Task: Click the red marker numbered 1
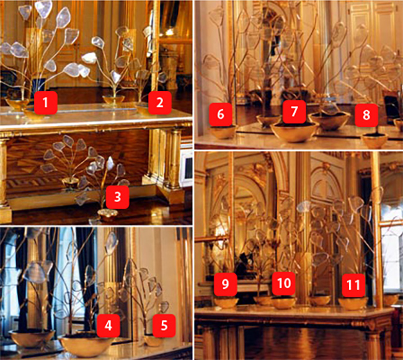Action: click(45, 102)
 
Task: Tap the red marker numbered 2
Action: click(159, 102)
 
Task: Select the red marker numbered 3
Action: click(117, 197)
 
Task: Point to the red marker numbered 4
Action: click(108, 325)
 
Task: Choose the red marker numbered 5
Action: click(164, 325)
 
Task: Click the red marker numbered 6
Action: click(221, 114)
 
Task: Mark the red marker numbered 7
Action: click(294, 111)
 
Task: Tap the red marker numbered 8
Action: click(366, 115)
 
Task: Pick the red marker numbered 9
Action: click(226, 284)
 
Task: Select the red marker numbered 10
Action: click(284, 284)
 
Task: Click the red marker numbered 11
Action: click(353, 285)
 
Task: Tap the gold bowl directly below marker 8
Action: click(375, 141)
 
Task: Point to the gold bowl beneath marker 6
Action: click(223, 132)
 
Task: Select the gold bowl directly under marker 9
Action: click(226, 302)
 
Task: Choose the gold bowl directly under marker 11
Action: click(353, 303)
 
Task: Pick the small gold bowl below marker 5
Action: click(154, 341)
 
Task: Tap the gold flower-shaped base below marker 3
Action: click(108, 214)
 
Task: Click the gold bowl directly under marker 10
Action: click(284, 302)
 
